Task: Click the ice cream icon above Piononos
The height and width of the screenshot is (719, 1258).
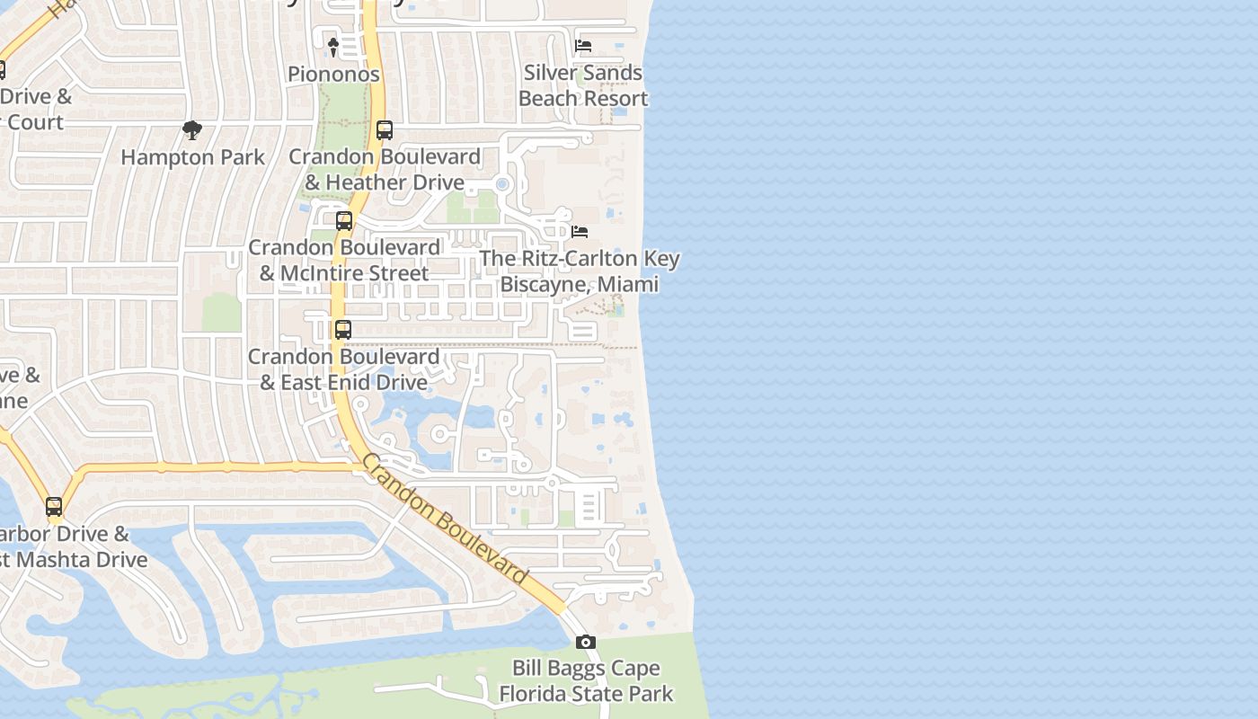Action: tap(332, 47)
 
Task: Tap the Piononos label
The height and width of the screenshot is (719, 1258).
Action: tap(333, 75)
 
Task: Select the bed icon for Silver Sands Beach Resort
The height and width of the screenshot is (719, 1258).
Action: tap(583, 46)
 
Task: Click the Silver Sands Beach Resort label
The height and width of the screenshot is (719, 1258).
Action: tap(583, 85)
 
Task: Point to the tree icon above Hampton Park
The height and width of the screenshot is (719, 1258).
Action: tap(191, 131)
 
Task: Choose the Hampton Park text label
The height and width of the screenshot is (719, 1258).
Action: tap(192, 157)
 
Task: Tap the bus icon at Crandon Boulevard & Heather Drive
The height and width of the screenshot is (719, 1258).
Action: tap(385, 130)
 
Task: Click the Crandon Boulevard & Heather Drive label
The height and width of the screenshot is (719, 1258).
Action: tap(385, 170)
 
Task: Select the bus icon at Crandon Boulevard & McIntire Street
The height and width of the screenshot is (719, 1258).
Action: tap(344, 221)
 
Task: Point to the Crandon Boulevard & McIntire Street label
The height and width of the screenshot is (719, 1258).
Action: tap(344, 260)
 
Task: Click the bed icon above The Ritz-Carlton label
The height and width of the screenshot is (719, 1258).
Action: tap(580, 232)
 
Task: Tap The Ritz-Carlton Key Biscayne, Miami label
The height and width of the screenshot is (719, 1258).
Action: tap(580, 271)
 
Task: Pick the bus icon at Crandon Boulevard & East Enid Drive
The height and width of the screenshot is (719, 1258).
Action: tap(343, 330)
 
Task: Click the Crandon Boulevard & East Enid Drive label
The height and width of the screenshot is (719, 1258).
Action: tap(343, 369)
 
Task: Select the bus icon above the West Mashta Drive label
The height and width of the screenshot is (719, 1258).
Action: tap(54, 507)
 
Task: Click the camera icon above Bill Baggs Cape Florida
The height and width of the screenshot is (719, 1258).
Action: tap(586, 642)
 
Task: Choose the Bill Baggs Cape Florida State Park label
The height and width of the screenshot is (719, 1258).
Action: tap(586, 681)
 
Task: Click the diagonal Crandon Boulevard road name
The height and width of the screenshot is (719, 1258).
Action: tap(444, 520)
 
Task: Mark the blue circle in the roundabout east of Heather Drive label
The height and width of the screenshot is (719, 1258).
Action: tap(502, 184)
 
